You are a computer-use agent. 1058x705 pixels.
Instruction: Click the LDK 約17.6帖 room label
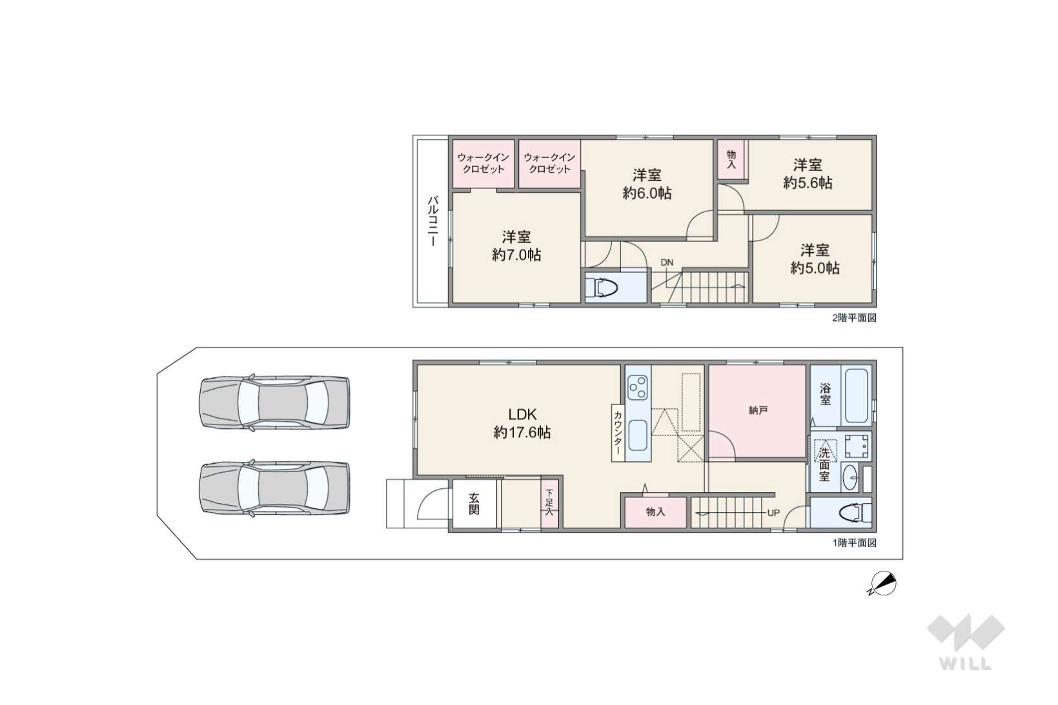(522, 423)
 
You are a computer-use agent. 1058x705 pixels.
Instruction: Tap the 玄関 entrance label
(474, 504)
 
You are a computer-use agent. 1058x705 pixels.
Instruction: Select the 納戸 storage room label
(758, 410)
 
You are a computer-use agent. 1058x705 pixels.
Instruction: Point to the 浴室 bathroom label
(825, 395)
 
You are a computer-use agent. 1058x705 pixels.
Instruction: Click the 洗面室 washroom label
(824, 464)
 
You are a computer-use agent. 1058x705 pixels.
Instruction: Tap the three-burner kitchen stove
(638, 387)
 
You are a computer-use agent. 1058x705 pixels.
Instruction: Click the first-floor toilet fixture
(853, 513)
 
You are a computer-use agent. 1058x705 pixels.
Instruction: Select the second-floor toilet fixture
(603, 288)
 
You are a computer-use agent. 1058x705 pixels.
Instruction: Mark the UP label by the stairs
(773, 513)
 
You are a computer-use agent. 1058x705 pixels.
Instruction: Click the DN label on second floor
(667, 263)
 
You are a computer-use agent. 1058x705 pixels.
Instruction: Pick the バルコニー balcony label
(432, 221)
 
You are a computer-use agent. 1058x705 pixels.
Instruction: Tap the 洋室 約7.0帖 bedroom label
(516, 246)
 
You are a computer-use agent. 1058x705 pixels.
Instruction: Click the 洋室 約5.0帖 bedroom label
(815, 259)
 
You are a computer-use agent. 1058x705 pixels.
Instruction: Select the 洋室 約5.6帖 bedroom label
(808, 174)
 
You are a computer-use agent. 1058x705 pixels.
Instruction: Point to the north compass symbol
(881, 584)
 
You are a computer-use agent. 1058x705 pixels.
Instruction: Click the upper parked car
(274, 402)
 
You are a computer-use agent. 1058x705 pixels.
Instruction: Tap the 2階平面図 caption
(854, 318)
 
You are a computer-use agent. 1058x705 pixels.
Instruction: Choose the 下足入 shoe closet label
(549, 502)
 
